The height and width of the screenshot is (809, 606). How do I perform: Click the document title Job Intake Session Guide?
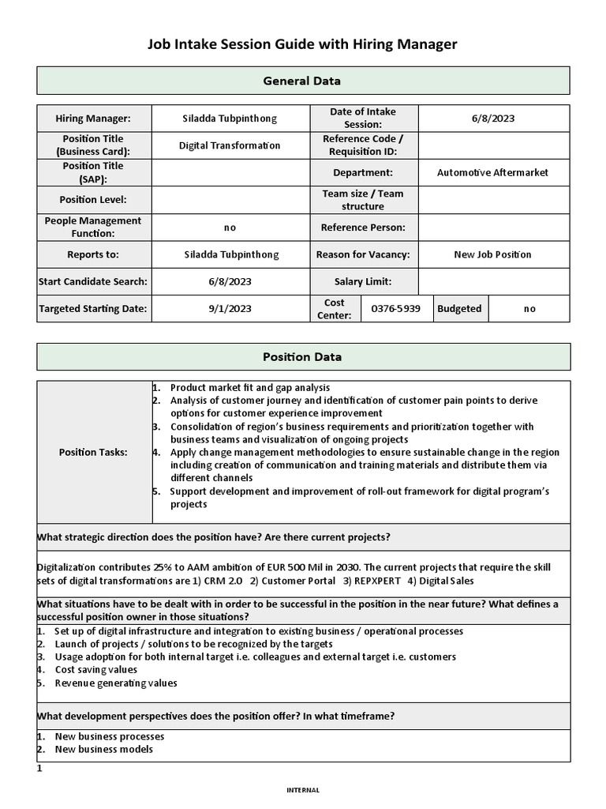(302, 45)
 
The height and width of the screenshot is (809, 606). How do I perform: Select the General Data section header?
(302, 81)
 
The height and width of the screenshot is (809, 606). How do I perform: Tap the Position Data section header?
(302, 356)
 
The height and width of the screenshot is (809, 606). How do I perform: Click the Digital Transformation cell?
(230, 145)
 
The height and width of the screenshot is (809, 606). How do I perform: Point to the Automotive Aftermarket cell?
(492, 172)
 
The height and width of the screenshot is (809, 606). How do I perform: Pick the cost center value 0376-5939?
(395, 309)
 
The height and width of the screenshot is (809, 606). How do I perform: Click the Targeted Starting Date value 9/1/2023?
(230, 309)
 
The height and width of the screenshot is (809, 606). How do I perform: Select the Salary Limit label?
(362, 281)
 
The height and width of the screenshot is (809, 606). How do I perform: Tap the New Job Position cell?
(492, 254)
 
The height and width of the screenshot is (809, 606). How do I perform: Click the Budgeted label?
(458, 309)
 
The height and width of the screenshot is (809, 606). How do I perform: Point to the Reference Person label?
(362, 228)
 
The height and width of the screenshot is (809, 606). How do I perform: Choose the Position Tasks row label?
(93, 452)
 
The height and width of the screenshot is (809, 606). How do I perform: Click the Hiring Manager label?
(93, 119)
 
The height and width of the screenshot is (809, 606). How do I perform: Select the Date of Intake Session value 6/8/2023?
(492, 119)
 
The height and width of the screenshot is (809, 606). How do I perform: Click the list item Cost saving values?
(95, 670)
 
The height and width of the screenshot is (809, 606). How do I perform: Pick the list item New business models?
(103, 749)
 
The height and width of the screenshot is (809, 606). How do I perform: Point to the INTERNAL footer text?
(302, 789)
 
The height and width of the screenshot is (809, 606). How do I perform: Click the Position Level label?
(93, 200)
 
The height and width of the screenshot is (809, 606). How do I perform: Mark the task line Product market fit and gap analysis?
(249, 388)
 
